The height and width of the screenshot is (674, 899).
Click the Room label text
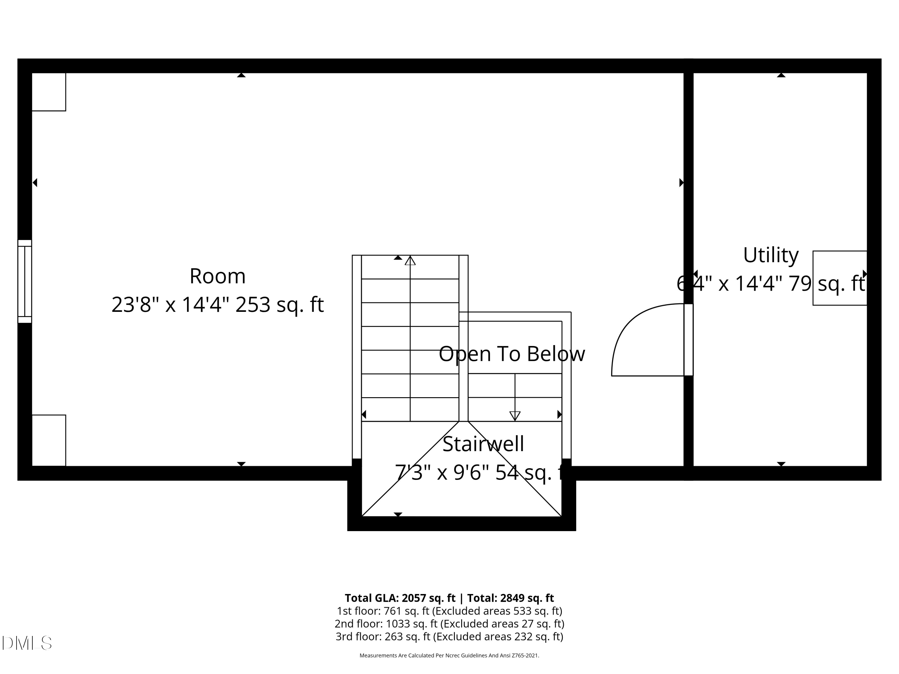[x=218, y=276]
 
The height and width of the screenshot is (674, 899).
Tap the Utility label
[x=770, y=255]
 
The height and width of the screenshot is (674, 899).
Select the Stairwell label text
[x=483, y=444]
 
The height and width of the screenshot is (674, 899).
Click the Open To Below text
[x=512, y=353]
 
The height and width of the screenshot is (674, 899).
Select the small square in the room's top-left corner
[x=49, y=92]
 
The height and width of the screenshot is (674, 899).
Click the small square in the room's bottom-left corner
[x=49, y=440]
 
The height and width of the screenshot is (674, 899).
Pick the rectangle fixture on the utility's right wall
[x=840, y=278]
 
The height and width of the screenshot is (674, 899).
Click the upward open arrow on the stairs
[x=410, y=260]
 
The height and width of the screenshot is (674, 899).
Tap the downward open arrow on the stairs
[x=515, y=415]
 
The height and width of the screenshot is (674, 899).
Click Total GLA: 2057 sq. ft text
[x=400, y=598]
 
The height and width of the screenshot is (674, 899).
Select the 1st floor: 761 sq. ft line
[x=449, y=611]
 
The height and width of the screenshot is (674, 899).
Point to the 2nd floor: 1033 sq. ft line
[x=449, y=624]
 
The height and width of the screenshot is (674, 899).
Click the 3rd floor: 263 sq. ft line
[x=449, y=636]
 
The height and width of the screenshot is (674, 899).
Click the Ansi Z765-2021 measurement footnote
[x=449, y=655]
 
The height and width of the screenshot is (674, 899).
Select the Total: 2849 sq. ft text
[x=510, y=598]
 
